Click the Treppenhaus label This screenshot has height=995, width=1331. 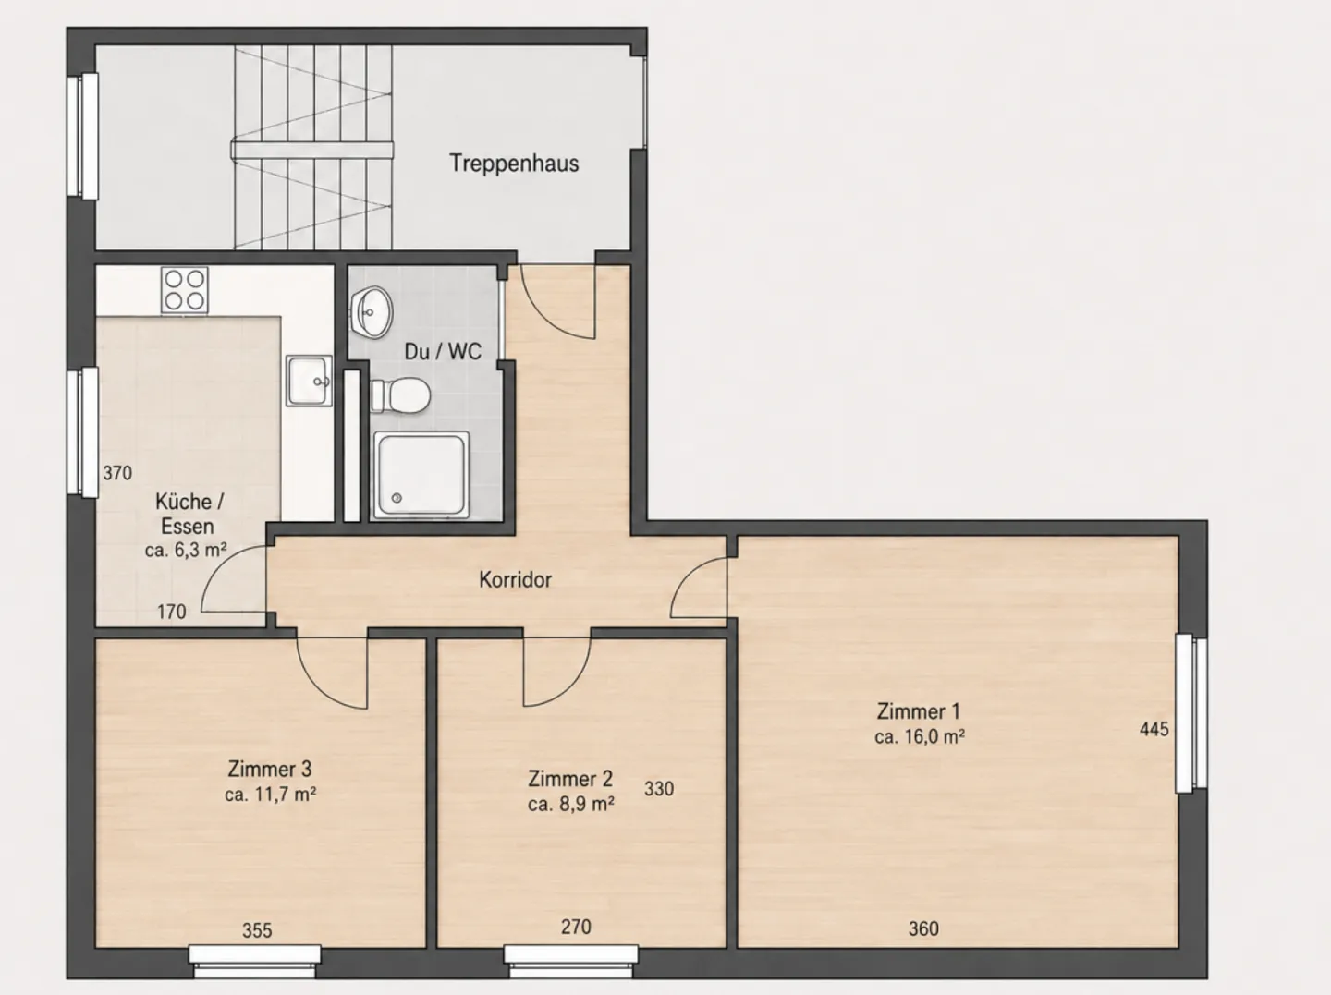click(x=514, y=164)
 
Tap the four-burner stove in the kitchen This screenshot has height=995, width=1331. click(x=185, y=290)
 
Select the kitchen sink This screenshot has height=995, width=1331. click(x=310, y=381)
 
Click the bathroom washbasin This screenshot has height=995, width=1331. click(x=371, y=312)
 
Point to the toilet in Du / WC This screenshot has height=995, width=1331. click(x=400, y=396)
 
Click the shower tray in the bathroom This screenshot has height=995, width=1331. click(x=421, y=475)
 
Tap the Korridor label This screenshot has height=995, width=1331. click(x=516, y=580)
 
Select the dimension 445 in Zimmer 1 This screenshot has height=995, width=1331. click(x=1154, y=729)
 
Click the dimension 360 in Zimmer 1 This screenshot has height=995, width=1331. click(x=923, y=928)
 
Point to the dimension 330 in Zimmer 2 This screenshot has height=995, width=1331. click(x=659, y=788)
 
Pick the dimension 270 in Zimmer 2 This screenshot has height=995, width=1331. click(x=576, y=927)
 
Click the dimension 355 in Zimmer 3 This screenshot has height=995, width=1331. click(x=257, y=930)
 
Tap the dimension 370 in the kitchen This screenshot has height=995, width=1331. click(x=117, y=473)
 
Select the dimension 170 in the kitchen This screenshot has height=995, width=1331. click(x=172, y=612)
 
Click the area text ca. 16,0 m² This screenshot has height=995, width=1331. click(x=920, y=737)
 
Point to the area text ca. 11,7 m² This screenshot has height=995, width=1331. click(x=271, y=795)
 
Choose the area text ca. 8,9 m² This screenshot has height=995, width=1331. click(x=571, y=804)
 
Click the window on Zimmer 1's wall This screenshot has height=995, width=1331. click(x=1191, y=713)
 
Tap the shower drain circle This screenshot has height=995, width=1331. click(x=397, y=498)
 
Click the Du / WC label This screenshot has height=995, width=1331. click(x=444, y=351)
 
